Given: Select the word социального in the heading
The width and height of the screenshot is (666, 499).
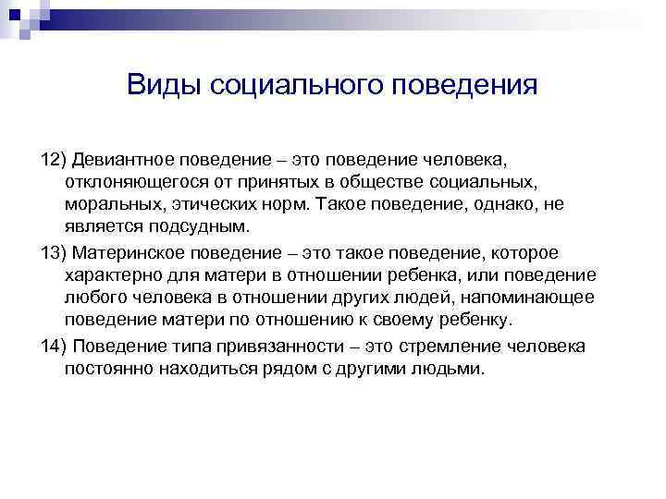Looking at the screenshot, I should coord(296,86).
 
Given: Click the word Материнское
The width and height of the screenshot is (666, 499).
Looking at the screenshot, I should coord(128,252).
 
